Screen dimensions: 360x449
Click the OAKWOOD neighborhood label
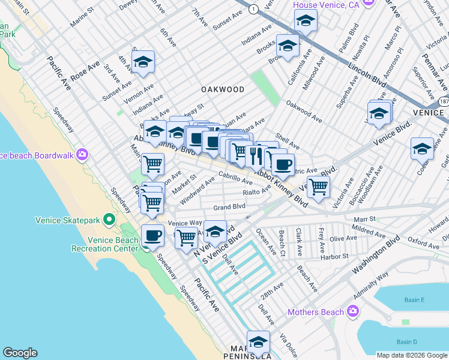pyautogui.click(x=223, y=89)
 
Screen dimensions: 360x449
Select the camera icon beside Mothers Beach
pyautogui.click(x=352, y=311)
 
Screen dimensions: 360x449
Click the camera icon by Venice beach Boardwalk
pyautogui.click(x=82, y=155)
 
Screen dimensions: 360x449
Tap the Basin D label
pyautogui.click(x=423, y=342)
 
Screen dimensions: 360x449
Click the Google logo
pyautogui.click(x=20, y=353)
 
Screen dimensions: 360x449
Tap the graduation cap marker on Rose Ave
pyautogui.click(x=143, y=62)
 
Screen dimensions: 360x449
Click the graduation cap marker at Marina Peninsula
pyautogui.click(x=258, y=342)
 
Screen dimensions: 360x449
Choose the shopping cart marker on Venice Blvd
pyautogui.click(x=318, y=187)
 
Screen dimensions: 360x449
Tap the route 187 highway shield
pyautogui.click(x=443, y=103)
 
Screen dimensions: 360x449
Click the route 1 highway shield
pyautogui.click(x=253, y=9)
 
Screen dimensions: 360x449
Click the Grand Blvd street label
pyautogui.click(x=230, y=207)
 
